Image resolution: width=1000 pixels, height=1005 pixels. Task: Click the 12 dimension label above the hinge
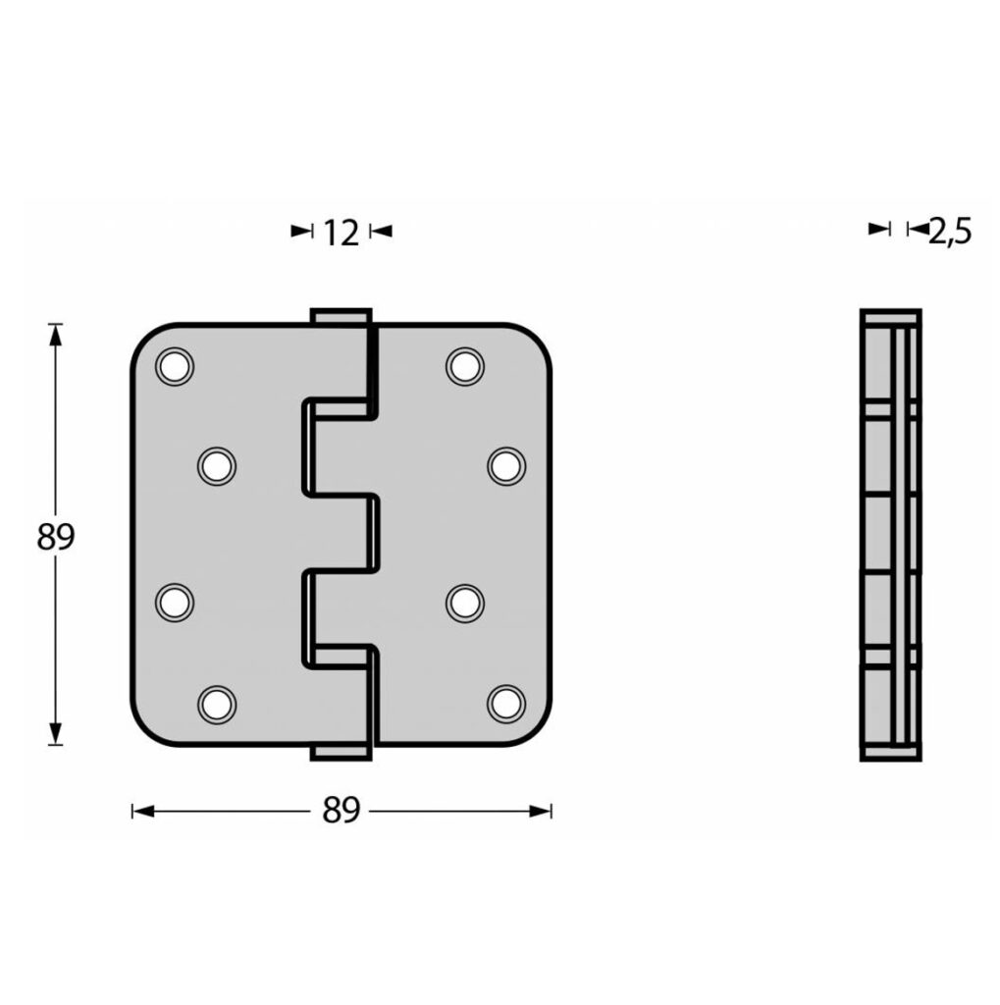[x=342, y=233]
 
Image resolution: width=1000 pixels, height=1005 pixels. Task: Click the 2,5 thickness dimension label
[x=950, y=232]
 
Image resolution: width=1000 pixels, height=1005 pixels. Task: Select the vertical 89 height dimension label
[x=56, y=537]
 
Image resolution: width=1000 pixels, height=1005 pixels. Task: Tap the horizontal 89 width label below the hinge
[x=342, y=811]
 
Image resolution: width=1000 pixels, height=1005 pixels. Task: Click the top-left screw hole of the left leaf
[x=175, y=367]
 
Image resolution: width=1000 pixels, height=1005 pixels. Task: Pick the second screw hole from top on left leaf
[x=217, y=466]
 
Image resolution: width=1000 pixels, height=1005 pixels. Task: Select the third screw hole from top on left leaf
[x=175, y=603]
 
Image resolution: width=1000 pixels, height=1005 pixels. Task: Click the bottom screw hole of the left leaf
[x=217, y=704]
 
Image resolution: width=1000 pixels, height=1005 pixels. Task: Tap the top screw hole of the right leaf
[x=465, y=367]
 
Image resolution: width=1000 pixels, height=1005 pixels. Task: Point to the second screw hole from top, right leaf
[x=506, y=466]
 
